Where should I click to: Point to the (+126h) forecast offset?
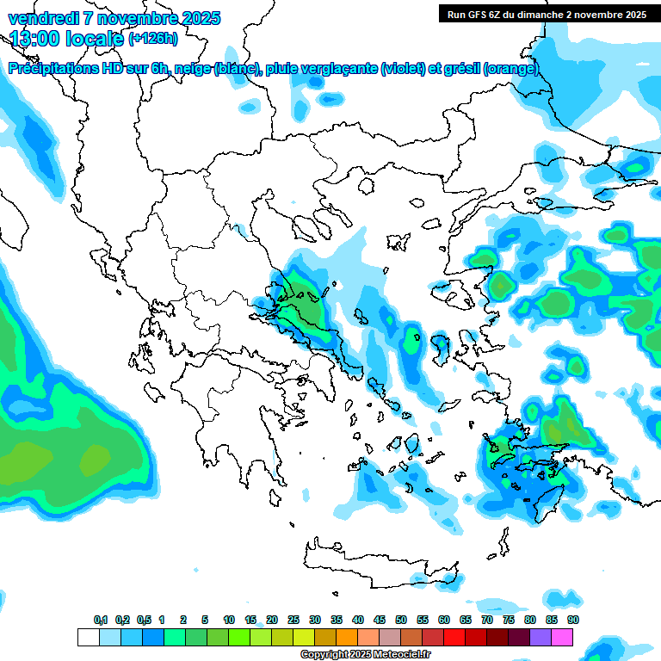[x=153, y=38]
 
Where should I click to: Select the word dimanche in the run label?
[x=541, y=15]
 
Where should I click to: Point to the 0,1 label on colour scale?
[x=100, y=620]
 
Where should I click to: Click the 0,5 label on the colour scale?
[x=143, y=620]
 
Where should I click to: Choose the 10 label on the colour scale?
[x=229, y=620]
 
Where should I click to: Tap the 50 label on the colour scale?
[x=401, y=620]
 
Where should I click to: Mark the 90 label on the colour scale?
[x=573, y=620]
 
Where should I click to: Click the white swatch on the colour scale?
[x=88, y=637]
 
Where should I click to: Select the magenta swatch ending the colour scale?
[x=563, y=637]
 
